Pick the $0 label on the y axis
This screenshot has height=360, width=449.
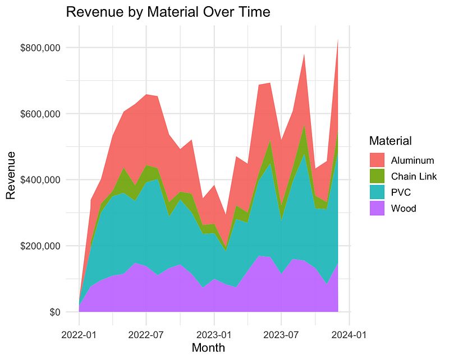55,312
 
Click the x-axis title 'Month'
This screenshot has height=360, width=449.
208,348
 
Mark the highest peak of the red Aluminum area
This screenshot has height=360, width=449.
338,40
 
